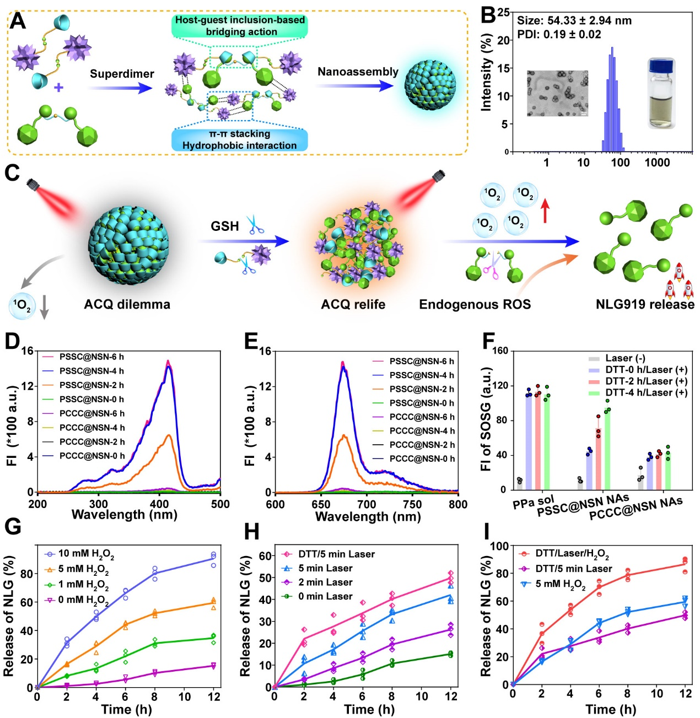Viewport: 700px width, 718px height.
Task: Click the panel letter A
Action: tap(18, 20)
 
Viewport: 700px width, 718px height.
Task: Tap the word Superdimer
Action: tap(122, 74)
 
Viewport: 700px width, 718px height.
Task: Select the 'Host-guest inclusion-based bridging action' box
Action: tap(240, 26)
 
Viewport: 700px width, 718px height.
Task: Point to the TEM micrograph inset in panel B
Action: tap(557, 93)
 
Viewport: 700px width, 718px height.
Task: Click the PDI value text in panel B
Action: tap(559, 34)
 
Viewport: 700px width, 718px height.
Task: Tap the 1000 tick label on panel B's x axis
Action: tap(657, 163)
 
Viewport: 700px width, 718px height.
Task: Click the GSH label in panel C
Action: tap(225, 226)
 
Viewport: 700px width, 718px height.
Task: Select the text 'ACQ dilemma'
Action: tap(127, 304)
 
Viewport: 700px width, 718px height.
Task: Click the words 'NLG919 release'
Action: tap(645, 304)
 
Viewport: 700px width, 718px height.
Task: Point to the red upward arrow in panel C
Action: tap(545, 211)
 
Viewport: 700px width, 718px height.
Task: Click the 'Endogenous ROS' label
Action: tap(475, 304)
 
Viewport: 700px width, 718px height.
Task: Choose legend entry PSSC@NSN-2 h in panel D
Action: tap(91, 385)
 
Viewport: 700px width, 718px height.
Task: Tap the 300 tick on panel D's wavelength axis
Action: tap(99, 504)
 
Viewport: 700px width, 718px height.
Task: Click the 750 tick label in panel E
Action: tap(412, 504)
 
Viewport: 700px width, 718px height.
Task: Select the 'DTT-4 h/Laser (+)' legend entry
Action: tap(646, 392)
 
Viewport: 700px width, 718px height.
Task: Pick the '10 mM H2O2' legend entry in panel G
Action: tap(86, 554)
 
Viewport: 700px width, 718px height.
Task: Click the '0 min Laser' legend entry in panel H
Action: tap(325, 596)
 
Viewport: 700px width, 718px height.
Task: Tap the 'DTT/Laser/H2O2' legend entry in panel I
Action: tap(572, 554)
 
